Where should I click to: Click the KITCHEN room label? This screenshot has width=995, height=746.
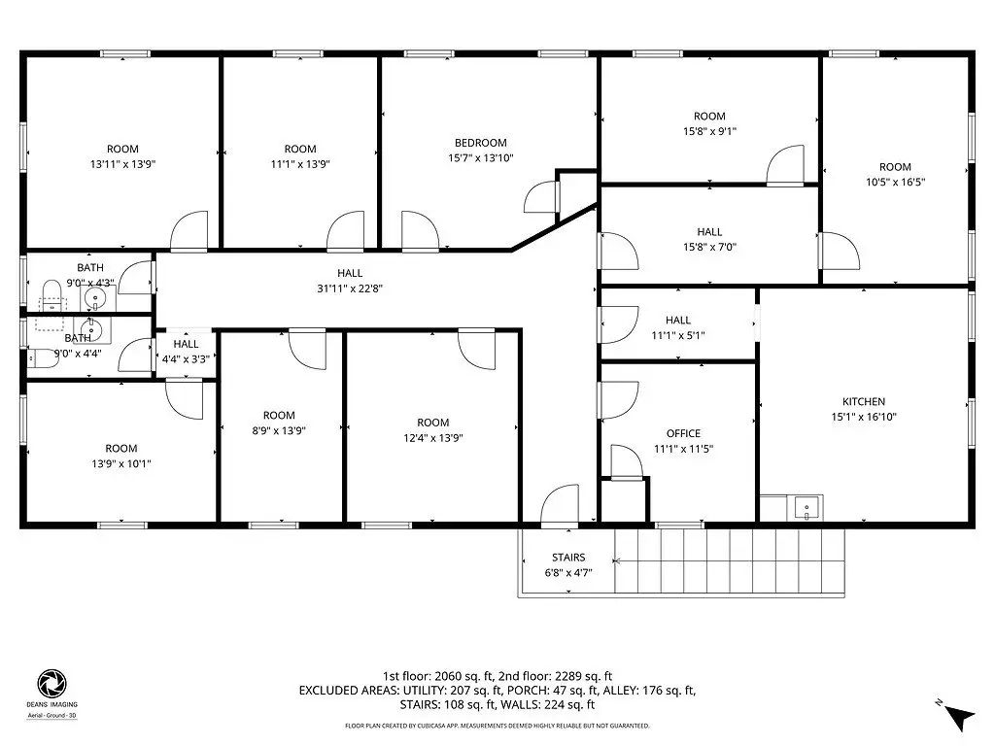(864, 401)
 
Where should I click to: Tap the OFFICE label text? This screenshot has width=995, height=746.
(683, 433)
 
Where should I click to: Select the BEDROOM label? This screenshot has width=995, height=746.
(480, 143)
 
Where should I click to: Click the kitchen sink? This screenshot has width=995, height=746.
(806, 508)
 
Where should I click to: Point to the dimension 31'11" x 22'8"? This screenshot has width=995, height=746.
(350, 288)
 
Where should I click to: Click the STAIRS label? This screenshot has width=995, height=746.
(567, 558)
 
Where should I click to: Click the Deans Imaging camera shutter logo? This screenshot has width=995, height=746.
(52, 684)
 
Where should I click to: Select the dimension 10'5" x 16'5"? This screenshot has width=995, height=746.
(895, 182)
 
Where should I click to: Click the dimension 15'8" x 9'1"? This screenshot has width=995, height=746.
(709, 131)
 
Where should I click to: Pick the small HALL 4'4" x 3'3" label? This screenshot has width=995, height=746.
(186, 344)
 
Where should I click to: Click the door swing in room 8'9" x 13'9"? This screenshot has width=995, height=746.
(308, 350)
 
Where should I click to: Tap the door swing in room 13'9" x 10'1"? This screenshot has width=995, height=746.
(185, 399)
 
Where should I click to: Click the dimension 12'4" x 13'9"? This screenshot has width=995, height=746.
(432, 438)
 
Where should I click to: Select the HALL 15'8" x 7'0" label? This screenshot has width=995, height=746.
(709, 232)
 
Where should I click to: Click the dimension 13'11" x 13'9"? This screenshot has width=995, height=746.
(122, 164)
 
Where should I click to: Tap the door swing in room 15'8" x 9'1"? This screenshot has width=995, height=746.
(785, 165)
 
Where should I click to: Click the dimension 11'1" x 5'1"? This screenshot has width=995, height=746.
(678, 335)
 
